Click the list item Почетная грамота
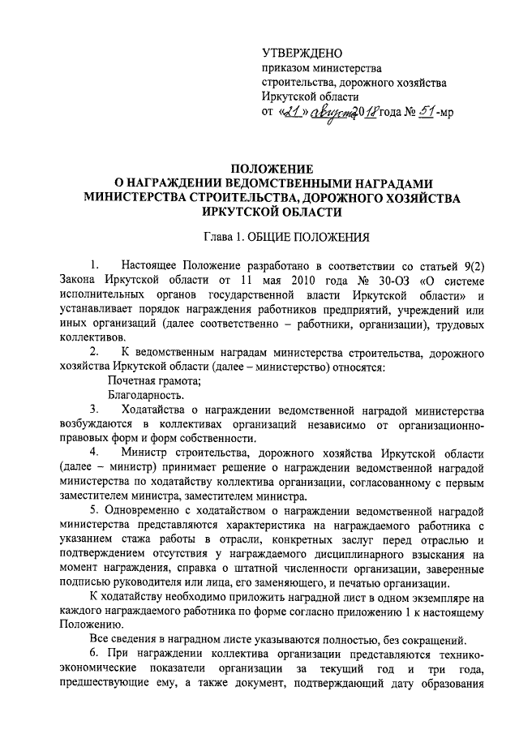tap(155, 381)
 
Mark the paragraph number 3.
tap(94, 410)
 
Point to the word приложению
tap(365, 613)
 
